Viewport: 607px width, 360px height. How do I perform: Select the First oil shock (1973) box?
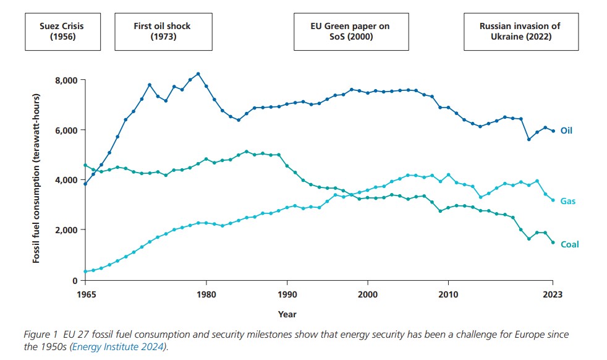163,32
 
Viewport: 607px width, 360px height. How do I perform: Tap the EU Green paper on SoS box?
350,32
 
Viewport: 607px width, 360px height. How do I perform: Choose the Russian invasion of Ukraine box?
520,32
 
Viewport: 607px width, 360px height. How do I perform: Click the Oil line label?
566,131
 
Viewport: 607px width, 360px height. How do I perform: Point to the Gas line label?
568,201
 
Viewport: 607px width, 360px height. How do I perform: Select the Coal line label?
569,244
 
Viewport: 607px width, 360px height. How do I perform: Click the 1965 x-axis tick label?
86,295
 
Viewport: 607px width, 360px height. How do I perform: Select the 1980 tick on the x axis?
206,295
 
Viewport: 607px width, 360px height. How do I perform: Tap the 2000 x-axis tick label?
368,295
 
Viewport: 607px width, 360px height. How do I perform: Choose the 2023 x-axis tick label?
553,295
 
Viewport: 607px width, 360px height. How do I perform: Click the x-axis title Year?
287,314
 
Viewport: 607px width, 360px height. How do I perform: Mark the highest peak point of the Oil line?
198,74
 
